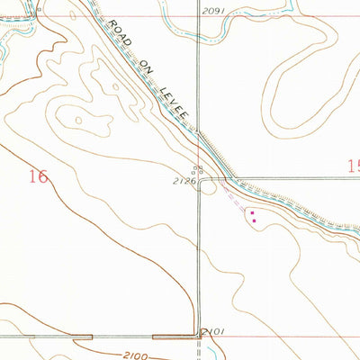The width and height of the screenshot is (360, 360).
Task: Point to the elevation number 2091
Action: [x=211, y=10]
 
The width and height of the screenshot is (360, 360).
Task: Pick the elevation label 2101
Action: [x=213, y=332]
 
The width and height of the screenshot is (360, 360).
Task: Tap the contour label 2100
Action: [x=134, y=354]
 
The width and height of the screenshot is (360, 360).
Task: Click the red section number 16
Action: [x=38, y=176]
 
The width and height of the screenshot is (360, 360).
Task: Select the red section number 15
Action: [x=352, y=166]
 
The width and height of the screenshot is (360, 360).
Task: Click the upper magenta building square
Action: [x=252, y=213]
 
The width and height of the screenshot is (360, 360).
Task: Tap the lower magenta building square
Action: [x=255, y=220]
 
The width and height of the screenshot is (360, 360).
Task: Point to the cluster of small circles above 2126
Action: [x=199, y=168]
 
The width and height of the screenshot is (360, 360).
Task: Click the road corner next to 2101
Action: [x=200, y=337]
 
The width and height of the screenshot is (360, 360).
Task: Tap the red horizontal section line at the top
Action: [x=270, y=16]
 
